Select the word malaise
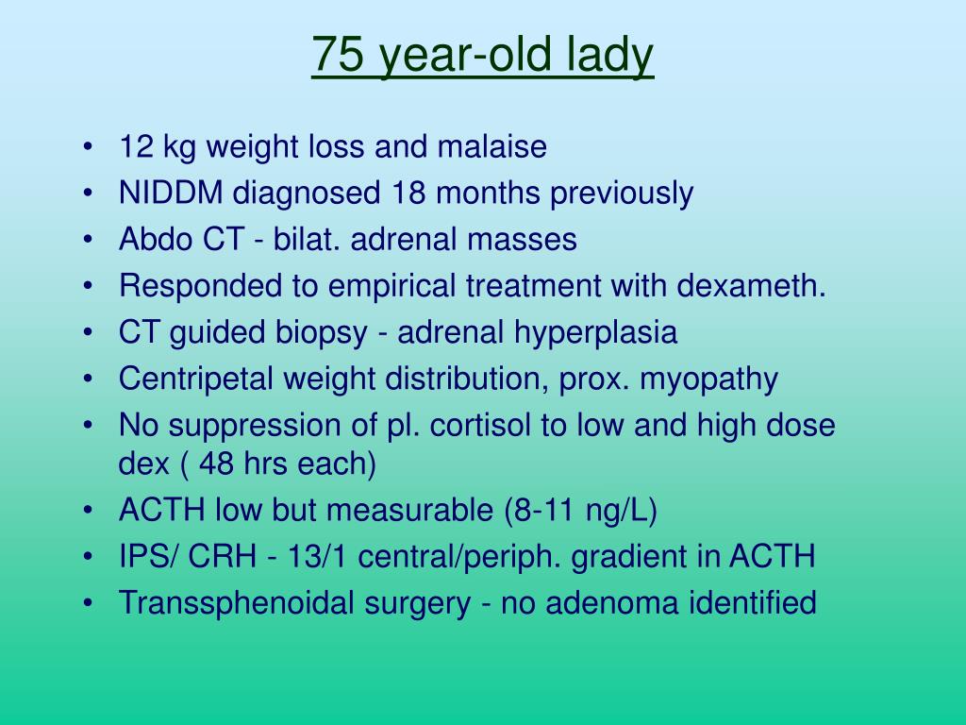[492, 146]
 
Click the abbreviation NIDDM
[171, 193]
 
